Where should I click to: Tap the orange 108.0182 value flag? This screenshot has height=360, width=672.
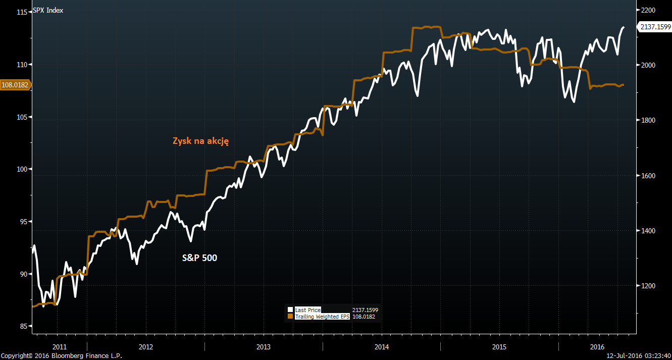(x=15, y=85)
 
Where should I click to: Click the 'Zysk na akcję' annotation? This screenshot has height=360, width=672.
(x=201, y=141)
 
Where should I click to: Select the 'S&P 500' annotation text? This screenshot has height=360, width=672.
(x=199, y=258)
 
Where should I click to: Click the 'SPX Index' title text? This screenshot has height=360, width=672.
(x=48, y=10)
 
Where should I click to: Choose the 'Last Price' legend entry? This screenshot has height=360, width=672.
(x=307, y=310)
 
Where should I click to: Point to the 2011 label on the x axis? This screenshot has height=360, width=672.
(x=59, y=347)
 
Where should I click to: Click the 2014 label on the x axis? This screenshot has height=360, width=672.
(x=381, y=347)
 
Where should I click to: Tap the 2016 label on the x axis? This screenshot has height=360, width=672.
(x=597, y=347)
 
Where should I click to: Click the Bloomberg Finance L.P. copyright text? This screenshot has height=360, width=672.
(x=61, y=356)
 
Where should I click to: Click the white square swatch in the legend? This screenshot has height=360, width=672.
(x=290, y=310)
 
